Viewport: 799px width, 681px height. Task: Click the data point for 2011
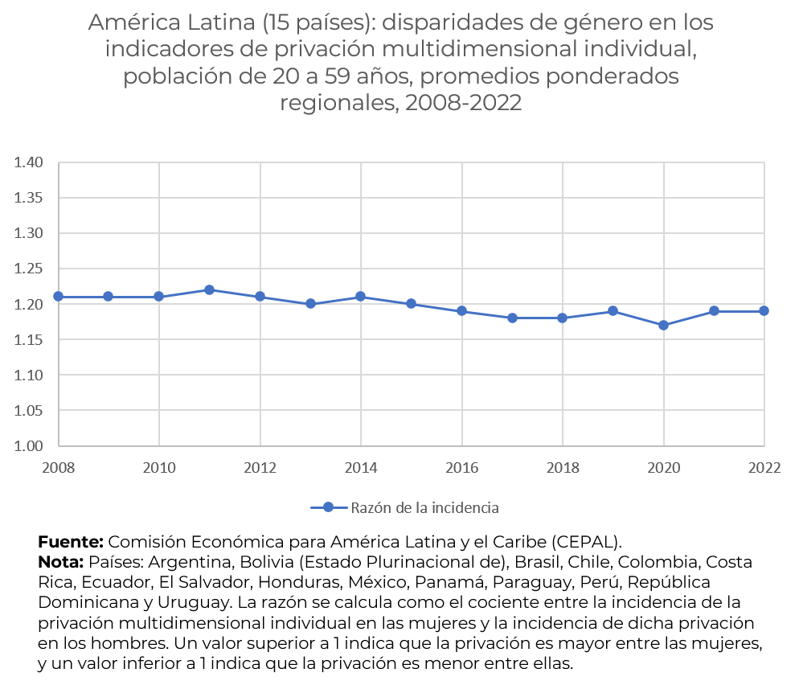(x=209, y=289)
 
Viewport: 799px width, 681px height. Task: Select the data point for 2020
(x=663, y=325)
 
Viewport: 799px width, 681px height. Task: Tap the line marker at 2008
(x=59, y=297)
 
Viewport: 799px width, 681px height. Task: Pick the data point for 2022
(x=764, y=310)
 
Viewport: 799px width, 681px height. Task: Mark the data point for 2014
(x=361, y=297)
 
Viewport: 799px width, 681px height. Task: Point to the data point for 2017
(x=512, y=318)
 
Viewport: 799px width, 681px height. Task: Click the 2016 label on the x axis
(x=461, y=467)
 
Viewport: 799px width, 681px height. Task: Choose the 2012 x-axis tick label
(x=260, y=467)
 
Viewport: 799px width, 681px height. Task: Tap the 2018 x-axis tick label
(x=563, y=467)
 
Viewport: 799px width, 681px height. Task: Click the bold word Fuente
(x=71, y=541)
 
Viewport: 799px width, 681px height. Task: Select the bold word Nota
(x=61, y=561)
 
